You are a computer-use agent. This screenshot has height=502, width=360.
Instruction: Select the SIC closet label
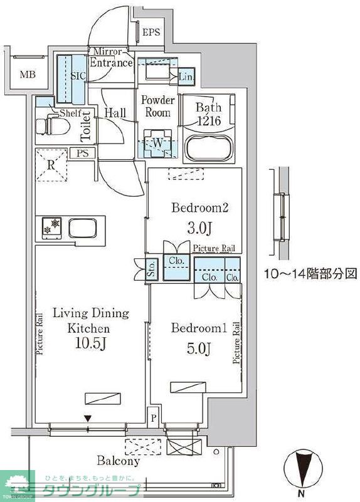pos(78,76)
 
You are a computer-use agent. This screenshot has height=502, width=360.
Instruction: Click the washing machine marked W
pos(157,143)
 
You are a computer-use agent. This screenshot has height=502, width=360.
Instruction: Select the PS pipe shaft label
pos(83,153)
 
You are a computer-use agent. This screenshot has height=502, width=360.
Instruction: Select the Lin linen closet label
pos(186,77)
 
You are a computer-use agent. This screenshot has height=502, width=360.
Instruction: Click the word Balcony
pos(118,461)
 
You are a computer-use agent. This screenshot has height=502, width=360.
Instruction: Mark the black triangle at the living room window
pos(88,418)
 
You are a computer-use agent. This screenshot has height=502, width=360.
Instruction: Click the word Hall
pos(115,113)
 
